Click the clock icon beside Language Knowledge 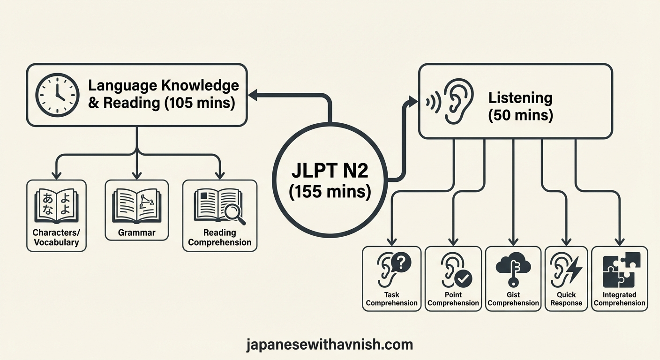click(56, 94)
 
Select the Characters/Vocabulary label click(56, 237)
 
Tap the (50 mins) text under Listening click(520, 115)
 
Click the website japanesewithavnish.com click(330, 345)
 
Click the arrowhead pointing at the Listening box click(412, 100)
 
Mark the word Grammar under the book click(136, 232)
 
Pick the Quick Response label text click(566, 299)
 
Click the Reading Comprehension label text click(220, 237)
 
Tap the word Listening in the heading click(520, 98)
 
